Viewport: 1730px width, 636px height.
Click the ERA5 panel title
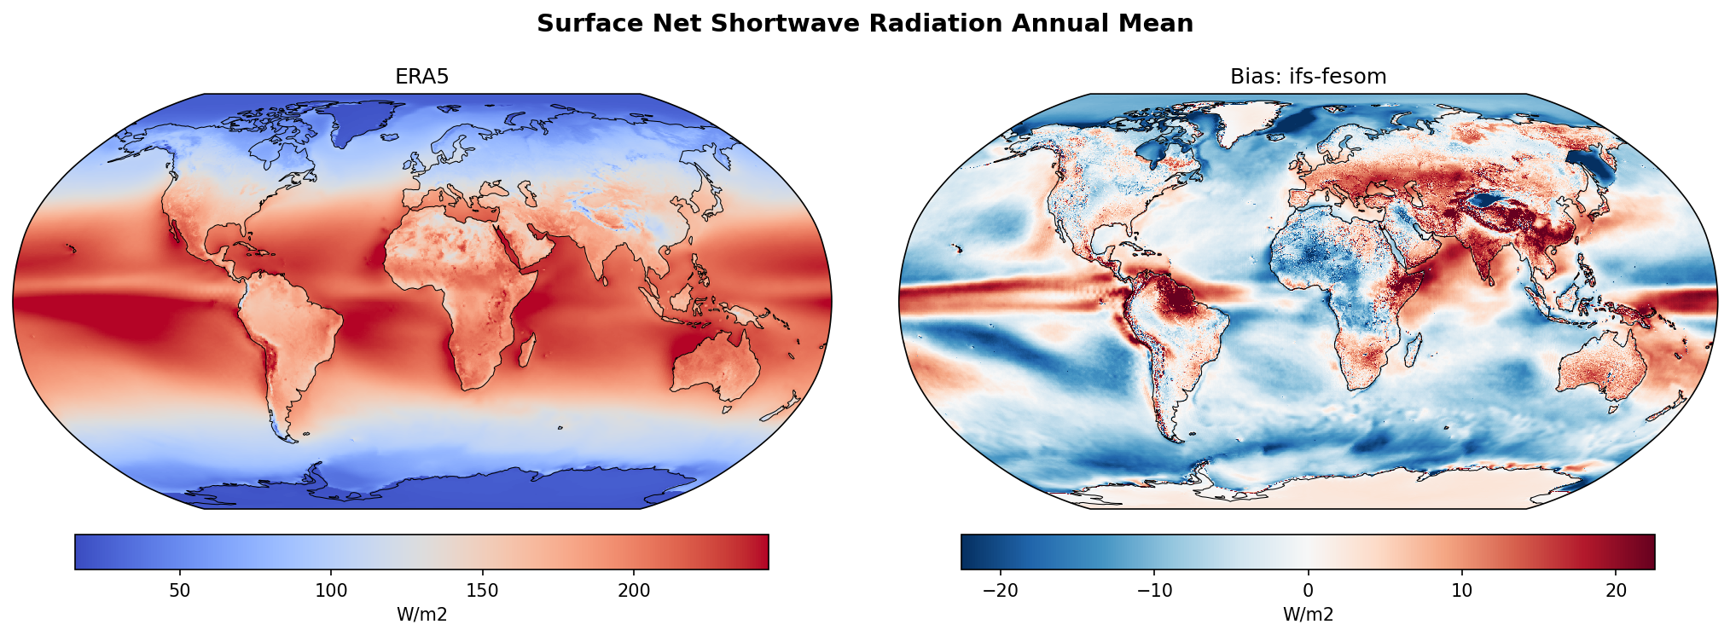click(421, 77)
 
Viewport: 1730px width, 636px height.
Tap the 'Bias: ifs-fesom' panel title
click(1308, 77)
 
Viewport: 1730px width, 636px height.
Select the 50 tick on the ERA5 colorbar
click(179, 591)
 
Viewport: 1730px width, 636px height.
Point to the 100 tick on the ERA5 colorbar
click(331, 591)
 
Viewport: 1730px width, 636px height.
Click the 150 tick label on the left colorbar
click(482, 591)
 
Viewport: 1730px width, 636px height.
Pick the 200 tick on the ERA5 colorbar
click(633, 591)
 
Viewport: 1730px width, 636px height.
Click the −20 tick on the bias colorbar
click(1001, 591)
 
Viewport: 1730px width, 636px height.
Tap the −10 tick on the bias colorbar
click(1154, 591)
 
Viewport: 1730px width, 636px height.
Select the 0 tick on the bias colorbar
click(1308, 591)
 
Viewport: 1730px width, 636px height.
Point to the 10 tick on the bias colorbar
click(1461, 591)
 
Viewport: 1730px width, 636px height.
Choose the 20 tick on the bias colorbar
click(1616, 591)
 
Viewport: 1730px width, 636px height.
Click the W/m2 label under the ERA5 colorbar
click(421, 615)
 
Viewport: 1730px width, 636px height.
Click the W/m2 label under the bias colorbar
click(1308, 615)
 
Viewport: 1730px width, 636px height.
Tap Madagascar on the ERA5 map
click(526, 350)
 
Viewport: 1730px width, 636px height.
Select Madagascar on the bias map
click(1413, 350)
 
